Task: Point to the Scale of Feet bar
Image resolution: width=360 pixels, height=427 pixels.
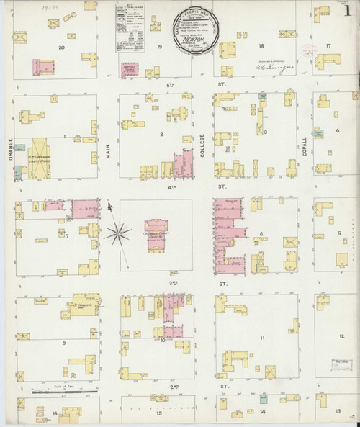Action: coord(61,391)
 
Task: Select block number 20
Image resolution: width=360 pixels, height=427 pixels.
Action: coord(62,47)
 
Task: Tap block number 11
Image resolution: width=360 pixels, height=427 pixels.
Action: coord(262,338)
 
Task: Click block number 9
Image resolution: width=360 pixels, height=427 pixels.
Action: coord(64,343)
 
